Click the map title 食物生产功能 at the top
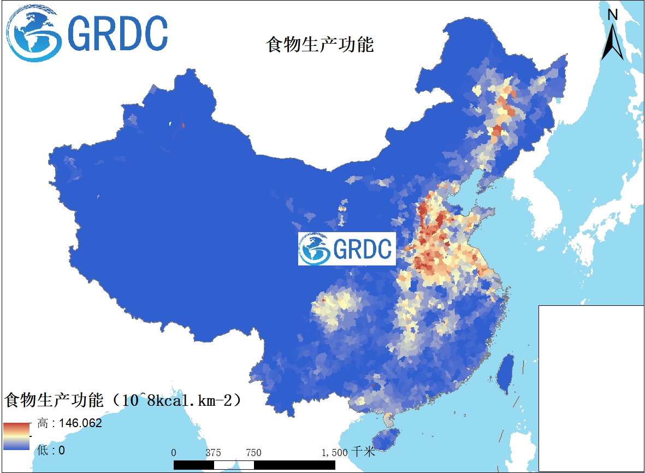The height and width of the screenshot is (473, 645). click(319, 44)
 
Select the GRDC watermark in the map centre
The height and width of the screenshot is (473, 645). click(347, 249)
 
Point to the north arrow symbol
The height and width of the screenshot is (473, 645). click(613, 41)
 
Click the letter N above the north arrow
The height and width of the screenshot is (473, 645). click(613, 15)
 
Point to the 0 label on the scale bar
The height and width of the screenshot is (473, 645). click(174, 453)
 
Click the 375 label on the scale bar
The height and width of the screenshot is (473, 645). click(214, 453)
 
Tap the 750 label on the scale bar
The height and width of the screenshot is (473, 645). click(253, 453)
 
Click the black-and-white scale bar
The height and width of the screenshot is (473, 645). click(254, 464)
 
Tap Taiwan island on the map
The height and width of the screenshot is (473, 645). click(506, 373)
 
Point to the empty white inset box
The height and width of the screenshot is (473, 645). click(591, 388)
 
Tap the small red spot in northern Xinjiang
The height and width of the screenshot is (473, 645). click(183, 125)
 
